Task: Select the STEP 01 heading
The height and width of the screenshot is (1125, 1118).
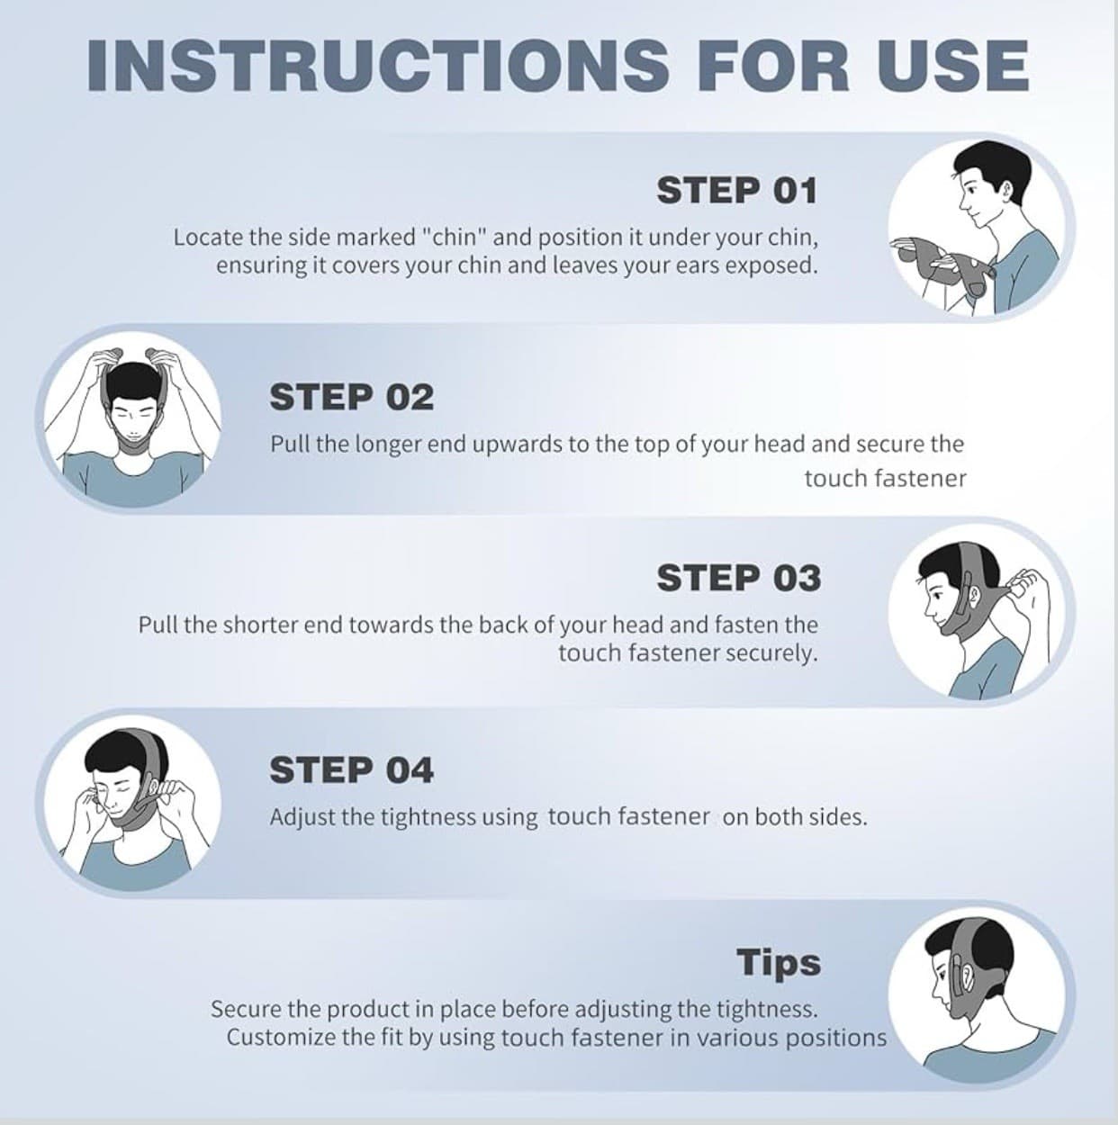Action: [736, 191]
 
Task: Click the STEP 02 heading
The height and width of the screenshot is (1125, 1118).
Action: [351, 397]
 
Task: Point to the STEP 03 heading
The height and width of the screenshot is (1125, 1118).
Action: [738, 578]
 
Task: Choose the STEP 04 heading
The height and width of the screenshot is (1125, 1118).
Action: [351, 770]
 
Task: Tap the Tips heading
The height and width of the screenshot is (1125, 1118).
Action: [779, 962]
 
